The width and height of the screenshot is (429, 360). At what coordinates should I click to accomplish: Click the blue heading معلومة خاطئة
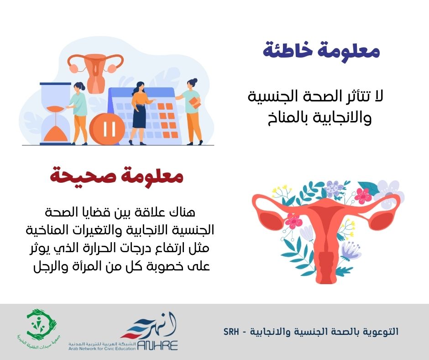click(321, 51)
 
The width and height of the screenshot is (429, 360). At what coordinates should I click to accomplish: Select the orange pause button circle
click(107, 128)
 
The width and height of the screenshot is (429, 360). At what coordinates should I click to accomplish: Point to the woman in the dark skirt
click(140, 113)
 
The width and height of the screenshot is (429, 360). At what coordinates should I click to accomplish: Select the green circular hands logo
click(41, 324)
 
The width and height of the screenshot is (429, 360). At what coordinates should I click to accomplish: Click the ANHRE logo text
click(157, 345)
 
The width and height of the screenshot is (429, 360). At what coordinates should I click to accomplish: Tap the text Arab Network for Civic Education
click(102, 349)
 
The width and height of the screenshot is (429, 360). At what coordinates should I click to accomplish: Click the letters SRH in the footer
click(231, 332)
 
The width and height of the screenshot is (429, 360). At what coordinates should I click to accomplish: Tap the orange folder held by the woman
click(195, 103)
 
